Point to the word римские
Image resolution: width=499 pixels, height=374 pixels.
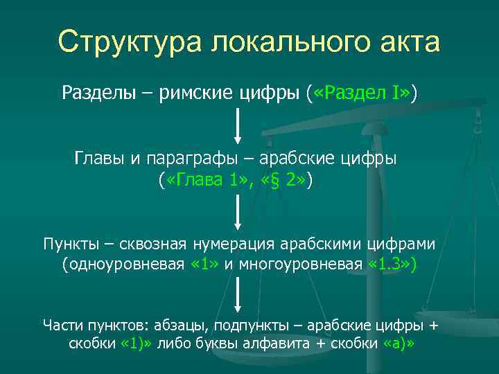pos(193,92)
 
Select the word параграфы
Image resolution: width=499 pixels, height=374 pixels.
pos(205,159)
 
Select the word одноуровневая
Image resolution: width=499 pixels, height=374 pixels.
pos(128,264)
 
